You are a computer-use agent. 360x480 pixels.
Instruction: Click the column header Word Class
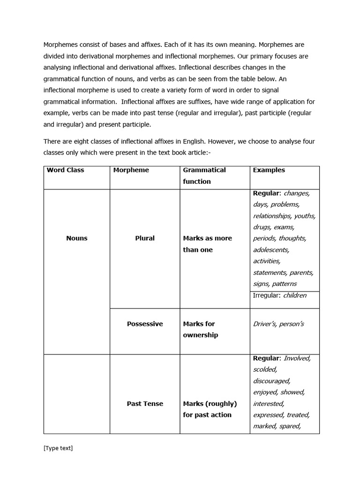pos(65,170)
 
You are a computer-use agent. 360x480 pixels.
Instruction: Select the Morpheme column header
pos(131,170)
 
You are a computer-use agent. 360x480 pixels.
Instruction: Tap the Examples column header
pos(269,170)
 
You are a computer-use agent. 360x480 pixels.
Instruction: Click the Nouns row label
pos(76,238)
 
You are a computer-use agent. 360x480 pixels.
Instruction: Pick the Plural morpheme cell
pos(144,238)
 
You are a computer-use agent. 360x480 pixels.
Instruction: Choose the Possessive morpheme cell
pos(144,324)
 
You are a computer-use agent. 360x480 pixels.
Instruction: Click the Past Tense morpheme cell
pos(144,404)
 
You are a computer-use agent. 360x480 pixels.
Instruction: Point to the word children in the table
pos(294,295)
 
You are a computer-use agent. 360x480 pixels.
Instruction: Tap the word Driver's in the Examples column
pos(264,324)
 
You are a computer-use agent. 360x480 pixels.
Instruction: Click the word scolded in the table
pos(265,369)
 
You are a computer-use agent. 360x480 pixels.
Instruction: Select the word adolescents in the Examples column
pos(271,250)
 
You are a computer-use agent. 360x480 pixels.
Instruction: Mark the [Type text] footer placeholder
pos(58,448)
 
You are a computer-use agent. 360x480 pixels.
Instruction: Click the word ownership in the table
pos(200,335)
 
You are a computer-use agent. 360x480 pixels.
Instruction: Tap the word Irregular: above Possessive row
pos(267,295)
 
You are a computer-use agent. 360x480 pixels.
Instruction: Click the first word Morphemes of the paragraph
pos(61,45)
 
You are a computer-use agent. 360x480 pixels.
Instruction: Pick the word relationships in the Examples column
pos(272,216)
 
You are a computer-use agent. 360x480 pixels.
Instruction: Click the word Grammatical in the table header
pos(204,170)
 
